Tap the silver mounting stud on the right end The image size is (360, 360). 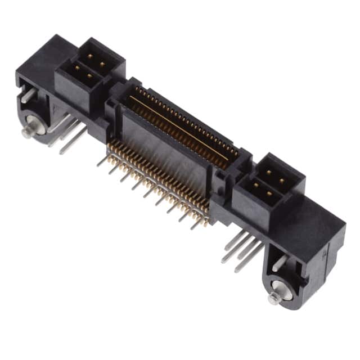click(x=274, y=298)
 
